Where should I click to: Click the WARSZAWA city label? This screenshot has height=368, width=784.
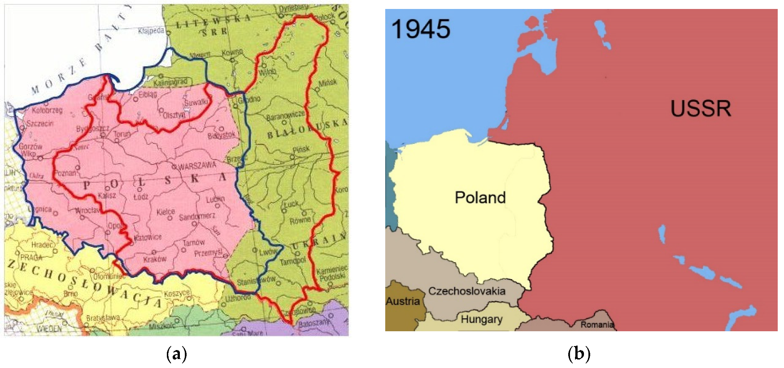point(198,166)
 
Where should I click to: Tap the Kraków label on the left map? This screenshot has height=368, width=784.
point(155,259)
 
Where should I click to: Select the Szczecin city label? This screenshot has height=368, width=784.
point(40,123)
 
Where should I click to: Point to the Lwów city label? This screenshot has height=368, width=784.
point(268,252)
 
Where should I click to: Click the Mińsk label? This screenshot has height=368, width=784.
point(327,83)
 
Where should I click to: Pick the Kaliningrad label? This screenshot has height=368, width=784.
point(170,82)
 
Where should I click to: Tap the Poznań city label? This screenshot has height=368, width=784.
point(65,173)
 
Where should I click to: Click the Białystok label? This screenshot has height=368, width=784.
point(222,135)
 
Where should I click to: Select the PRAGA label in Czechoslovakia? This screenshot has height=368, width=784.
point(31,257)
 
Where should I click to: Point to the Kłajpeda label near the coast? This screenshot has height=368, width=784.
point(151,31)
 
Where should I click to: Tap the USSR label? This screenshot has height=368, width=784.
point(700,108)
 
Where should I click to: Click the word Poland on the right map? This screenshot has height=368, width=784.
point(480,197)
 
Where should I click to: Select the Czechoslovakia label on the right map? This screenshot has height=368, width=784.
point(466,291)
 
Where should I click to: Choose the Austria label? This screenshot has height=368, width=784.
point(402,301)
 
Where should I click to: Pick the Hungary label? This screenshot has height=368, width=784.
point(481,319)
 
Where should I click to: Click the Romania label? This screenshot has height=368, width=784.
point(597,325)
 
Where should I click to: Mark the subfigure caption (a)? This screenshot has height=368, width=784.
point(176,354)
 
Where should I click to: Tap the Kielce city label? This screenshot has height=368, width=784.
point(166,211)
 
